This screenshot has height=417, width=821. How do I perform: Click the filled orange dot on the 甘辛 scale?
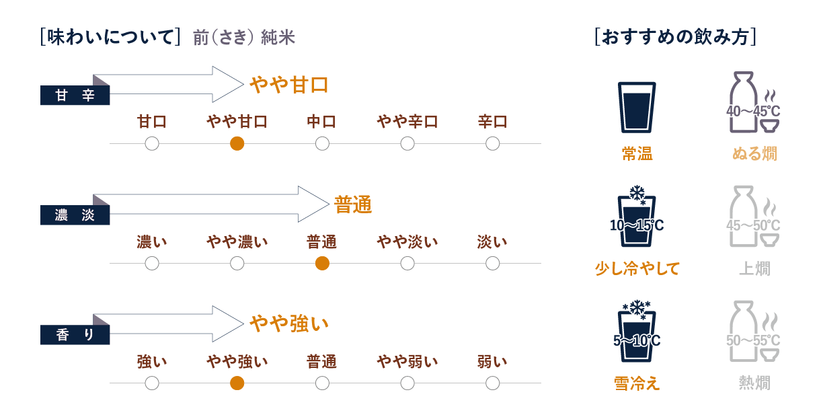point(237,143)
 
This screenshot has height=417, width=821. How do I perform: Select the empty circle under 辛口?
point(492,143)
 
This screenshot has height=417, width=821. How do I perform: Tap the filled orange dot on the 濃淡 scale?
point(322,263)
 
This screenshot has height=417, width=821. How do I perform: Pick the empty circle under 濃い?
point(152,263)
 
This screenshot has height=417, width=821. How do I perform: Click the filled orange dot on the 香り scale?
point(237,383)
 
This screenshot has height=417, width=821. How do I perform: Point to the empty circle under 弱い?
point(492,383)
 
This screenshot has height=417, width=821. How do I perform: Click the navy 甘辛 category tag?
point(75,96)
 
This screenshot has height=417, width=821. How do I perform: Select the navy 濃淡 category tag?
point(75,216)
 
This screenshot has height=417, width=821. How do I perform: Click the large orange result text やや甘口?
point(288,85)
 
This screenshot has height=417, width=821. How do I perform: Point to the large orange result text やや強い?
point(288,324)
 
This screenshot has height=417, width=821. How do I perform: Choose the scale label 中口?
point(321,122)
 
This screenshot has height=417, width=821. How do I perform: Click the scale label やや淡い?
point(407,241)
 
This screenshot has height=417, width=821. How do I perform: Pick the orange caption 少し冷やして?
point(637,269)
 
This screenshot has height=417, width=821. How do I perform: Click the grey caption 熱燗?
point(754,383)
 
